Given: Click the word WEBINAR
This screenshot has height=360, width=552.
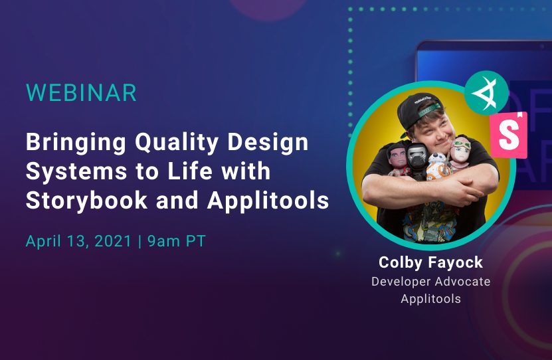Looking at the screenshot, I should coord(81,93).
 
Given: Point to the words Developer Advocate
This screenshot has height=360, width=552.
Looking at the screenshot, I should coord(430,281).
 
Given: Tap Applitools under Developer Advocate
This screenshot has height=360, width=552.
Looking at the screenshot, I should coord(430,299).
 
